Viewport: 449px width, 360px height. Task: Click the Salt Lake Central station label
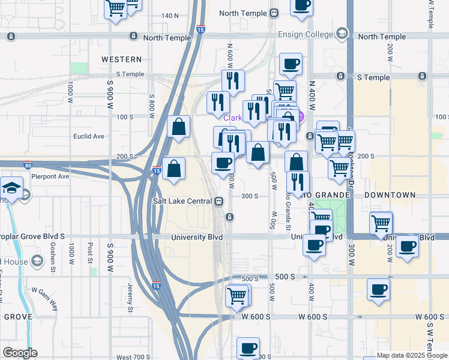(183, 201)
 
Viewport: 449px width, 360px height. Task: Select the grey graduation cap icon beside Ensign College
(342, 33)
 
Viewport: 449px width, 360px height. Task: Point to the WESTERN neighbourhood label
(122, 59)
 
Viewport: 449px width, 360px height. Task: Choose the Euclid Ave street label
(89, 136)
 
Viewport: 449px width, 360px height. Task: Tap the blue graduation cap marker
(11, 188)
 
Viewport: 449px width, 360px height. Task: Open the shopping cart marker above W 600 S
(237, 295)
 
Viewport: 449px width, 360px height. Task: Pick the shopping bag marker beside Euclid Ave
(179, 127)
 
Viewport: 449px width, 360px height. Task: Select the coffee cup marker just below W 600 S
(248, 348)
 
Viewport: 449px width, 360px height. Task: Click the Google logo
(20, 353)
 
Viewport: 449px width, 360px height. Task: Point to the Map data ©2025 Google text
(412, 355)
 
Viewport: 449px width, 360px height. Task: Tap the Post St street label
(90, 253)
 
